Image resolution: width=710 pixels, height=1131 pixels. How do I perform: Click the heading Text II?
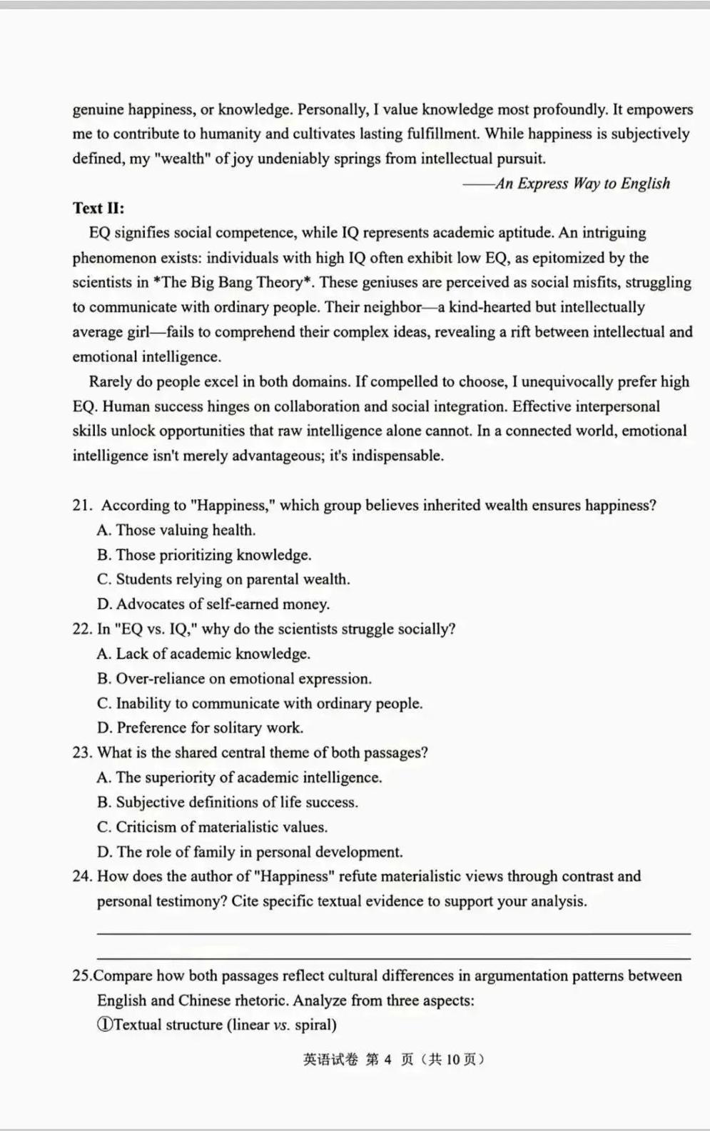pos(98,208)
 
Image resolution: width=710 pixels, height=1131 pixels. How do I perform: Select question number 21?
pos(82,506)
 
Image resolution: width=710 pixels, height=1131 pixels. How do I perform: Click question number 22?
pos(82,629)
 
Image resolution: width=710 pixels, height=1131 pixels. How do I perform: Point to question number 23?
pos(82,753)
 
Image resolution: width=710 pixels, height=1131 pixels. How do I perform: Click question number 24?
pos(82,876)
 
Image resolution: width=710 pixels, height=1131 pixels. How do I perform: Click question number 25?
pos(82,975)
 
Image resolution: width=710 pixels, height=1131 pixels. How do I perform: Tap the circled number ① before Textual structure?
pos(104,1025)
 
